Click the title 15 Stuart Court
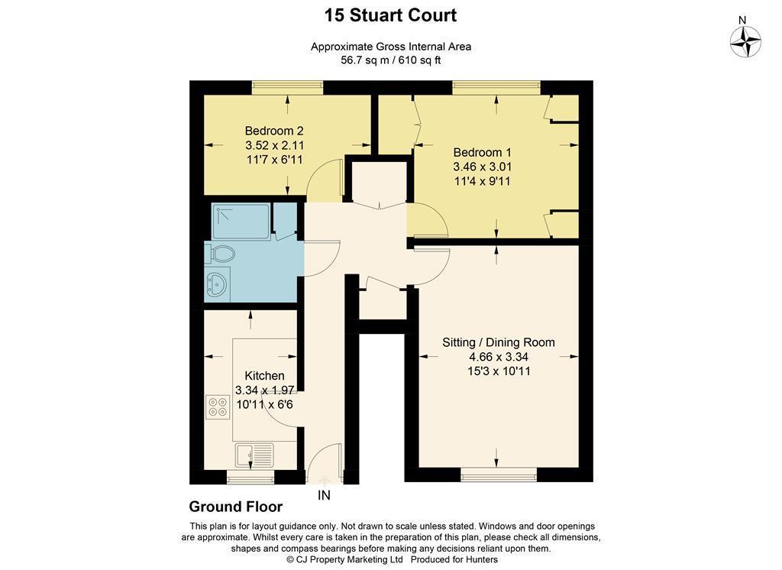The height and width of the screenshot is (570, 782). [390, 15]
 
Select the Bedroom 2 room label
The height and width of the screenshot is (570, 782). [274, 131]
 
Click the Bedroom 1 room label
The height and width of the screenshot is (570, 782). [482, 152]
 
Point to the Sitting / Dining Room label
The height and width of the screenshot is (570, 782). [498, 342]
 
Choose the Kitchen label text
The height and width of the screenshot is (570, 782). [264, 375]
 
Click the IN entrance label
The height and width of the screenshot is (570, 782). [325, 496]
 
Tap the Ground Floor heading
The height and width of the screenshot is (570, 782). [235, 507]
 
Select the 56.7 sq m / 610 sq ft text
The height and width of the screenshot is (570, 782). [390, 60]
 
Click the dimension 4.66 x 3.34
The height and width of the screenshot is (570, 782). [498, 357]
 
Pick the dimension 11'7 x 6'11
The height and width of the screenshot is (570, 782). [274, 160]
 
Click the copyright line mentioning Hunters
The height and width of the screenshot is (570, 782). [390, 559]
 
